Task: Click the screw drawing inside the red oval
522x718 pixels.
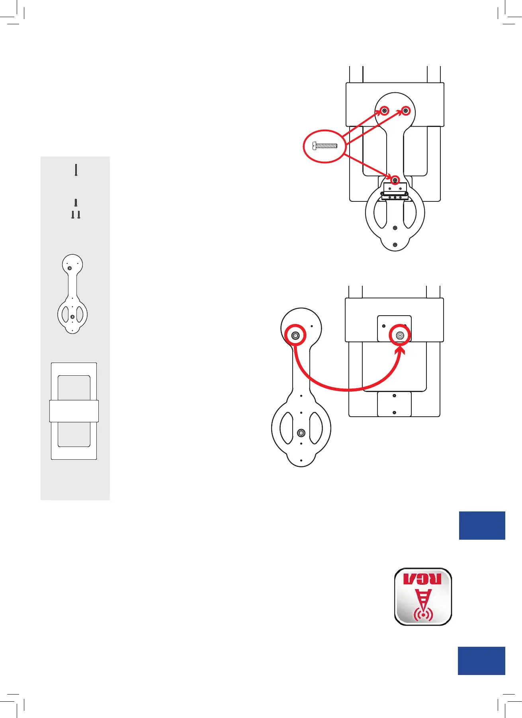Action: click(x=325, y=146)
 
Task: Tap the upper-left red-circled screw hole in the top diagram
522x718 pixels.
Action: click(x=384, y=111)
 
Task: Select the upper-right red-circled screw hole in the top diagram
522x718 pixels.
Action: click(x=406, y=111)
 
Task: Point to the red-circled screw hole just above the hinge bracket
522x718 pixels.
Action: click(x=395, y=180)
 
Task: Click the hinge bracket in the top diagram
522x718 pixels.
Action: click(x=395, y=191)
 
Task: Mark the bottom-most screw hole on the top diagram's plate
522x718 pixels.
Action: click(x=395, y=245)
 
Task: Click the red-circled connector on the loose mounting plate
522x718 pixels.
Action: click(x=295, y=336)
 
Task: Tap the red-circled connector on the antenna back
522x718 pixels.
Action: click(x=400, y=336)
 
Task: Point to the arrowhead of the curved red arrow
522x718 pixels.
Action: click(x=401, y=350)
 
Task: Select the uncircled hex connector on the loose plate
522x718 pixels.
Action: click(x=301, y=433)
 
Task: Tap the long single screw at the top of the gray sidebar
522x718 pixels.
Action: click(x=76, y=170)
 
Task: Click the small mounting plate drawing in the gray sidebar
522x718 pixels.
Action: click(x=72, y=294)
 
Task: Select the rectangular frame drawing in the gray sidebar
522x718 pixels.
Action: click(x=74, y=411)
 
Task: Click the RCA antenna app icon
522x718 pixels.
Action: click(x=423, y=596)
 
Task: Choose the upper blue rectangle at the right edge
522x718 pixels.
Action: click(x=482, y=525)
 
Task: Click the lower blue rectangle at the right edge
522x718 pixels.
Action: click(x=481, y=661)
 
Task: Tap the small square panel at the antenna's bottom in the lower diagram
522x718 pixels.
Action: click(x=394, y=404)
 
